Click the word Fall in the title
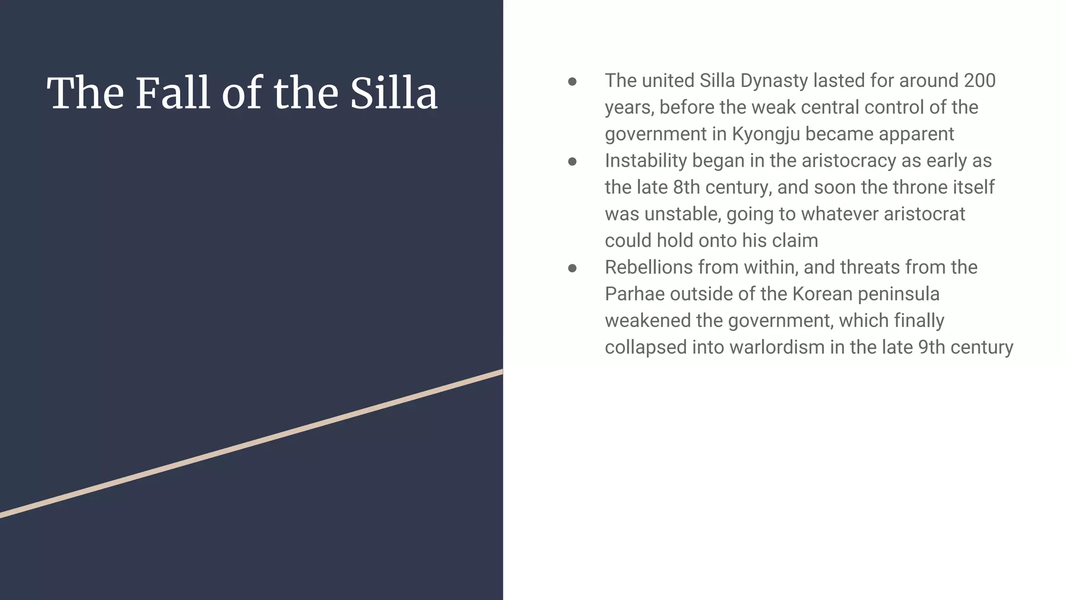click(172, 93)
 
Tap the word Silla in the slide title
click(394, 93)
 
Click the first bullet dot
click(572, 82)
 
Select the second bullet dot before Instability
click(572, 161)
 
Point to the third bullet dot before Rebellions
click(572, 268)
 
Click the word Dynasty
click(767, 81)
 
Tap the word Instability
click(645, 161)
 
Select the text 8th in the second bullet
click(686, 187)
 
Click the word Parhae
click(634, 294)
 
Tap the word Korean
click(822, 294)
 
